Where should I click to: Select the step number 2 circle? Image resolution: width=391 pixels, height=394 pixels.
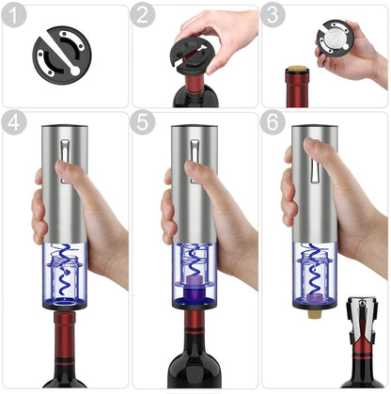(x=143, y=17)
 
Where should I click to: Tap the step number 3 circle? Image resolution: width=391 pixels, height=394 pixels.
(x=273, y=17)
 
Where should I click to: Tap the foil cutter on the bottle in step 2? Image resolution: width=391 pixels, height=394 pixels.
(x=194, y=62)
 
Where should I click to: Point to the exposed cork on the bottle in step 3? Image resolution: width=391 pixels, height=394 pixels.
(x=294, y=72)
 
